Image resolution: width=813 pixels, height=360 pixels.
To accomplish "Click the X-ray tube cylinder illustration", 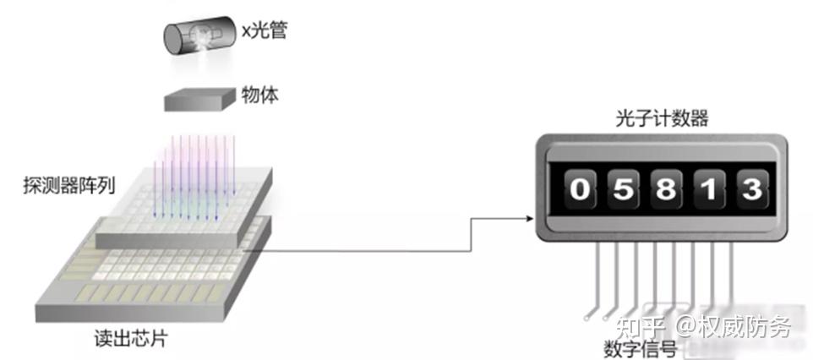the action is (199, 37).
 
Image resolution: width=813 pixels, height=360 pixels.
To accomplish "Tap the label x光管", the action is (265, 31).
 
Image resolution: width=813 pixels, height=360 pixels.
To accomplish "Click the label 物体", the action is (260, 95).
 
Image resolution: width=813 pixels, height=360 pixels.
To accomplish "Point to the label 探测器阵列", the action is (69, 185).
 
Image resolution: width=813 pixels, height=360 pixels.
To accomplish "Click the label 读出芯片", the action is (131, 339).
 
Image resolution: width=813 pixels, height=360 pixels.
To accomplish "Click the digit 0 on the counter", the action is (579, 190).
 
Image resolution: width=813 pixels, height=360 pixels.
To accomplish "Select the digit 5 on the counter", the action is (623, 190).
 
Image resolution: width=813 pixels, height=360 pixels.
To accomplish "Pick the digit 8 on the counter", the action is (666, 190).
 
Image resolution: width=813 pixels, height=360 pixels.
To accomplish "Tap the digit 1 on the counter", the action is (709, 190).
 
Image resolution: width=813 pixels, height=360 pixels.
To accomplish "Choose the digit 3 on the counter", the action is (752, 190).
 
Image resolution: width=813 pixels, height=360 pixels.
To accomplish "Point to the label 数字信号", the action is (640, 350).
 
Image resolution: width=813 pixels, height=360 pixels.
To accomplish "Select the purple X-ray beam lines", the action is (194, 177).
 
